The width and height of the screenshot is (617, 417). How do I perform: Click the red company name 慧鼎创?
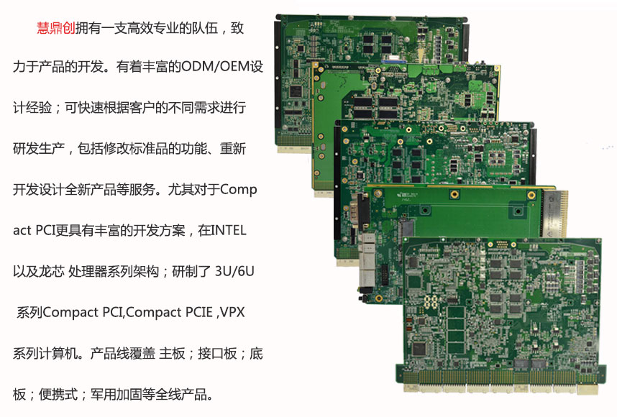pos(56,28)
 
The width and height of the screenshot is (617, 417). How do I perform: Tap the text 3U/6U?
pos(234,271)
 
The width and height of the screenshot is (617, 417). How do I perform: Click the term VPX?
pos(232,312)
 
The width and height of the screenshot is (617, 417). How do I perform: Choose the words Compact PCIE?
pos(169,312)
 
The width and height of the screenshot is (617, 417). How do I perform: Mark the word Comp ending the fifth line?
pos(239,190)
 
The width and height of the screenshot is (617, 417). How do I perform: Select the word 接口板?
pos(217,353)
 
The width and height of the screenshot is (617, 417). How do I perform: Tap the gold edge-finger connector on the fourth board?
pos(555,214)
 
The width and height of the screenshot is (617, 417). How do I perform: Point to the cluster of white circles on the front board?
pos(431,302)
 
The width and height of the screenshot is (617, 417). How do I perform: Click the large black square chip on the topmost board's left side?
pos(296,91)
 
